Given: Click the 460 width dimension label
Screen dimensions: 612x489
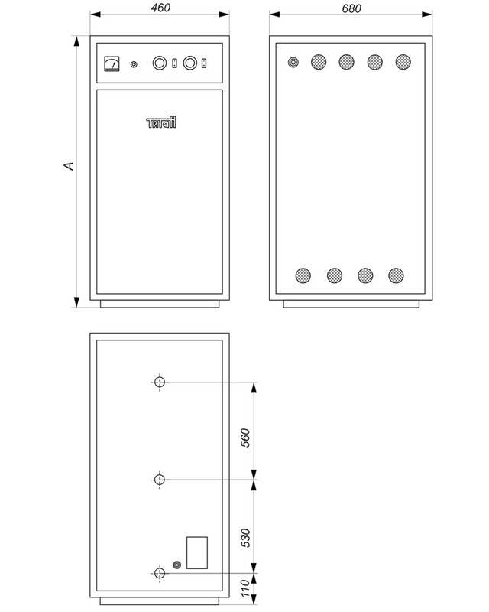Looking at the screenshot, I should click(160, 8).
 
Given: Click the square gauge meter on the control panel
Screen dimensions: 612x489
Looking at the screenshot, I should click(112, 64).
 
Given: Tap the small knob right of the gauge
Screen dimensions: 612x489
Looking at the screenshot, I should click(134, 65).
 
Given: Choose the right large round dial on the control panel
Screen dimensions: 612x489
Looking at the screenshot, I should click(189, 64).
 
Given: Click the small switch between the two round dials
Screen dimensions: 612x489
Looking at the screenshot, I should click(175, 65).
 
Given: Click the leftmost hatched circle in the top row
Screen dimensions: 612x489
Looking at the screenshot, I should click(318, 63).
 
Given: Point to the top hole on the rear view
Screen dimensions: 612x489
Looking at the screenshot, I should click(160, 382).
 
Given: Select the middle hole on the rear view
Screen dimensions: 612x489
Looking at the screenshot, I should click(160, 480).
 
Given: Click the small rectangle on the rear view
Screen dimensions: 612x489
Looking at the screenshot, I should click(196, 552).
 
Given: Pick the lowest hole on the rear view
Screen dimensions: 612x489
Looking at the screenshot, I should click(160, 573).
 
